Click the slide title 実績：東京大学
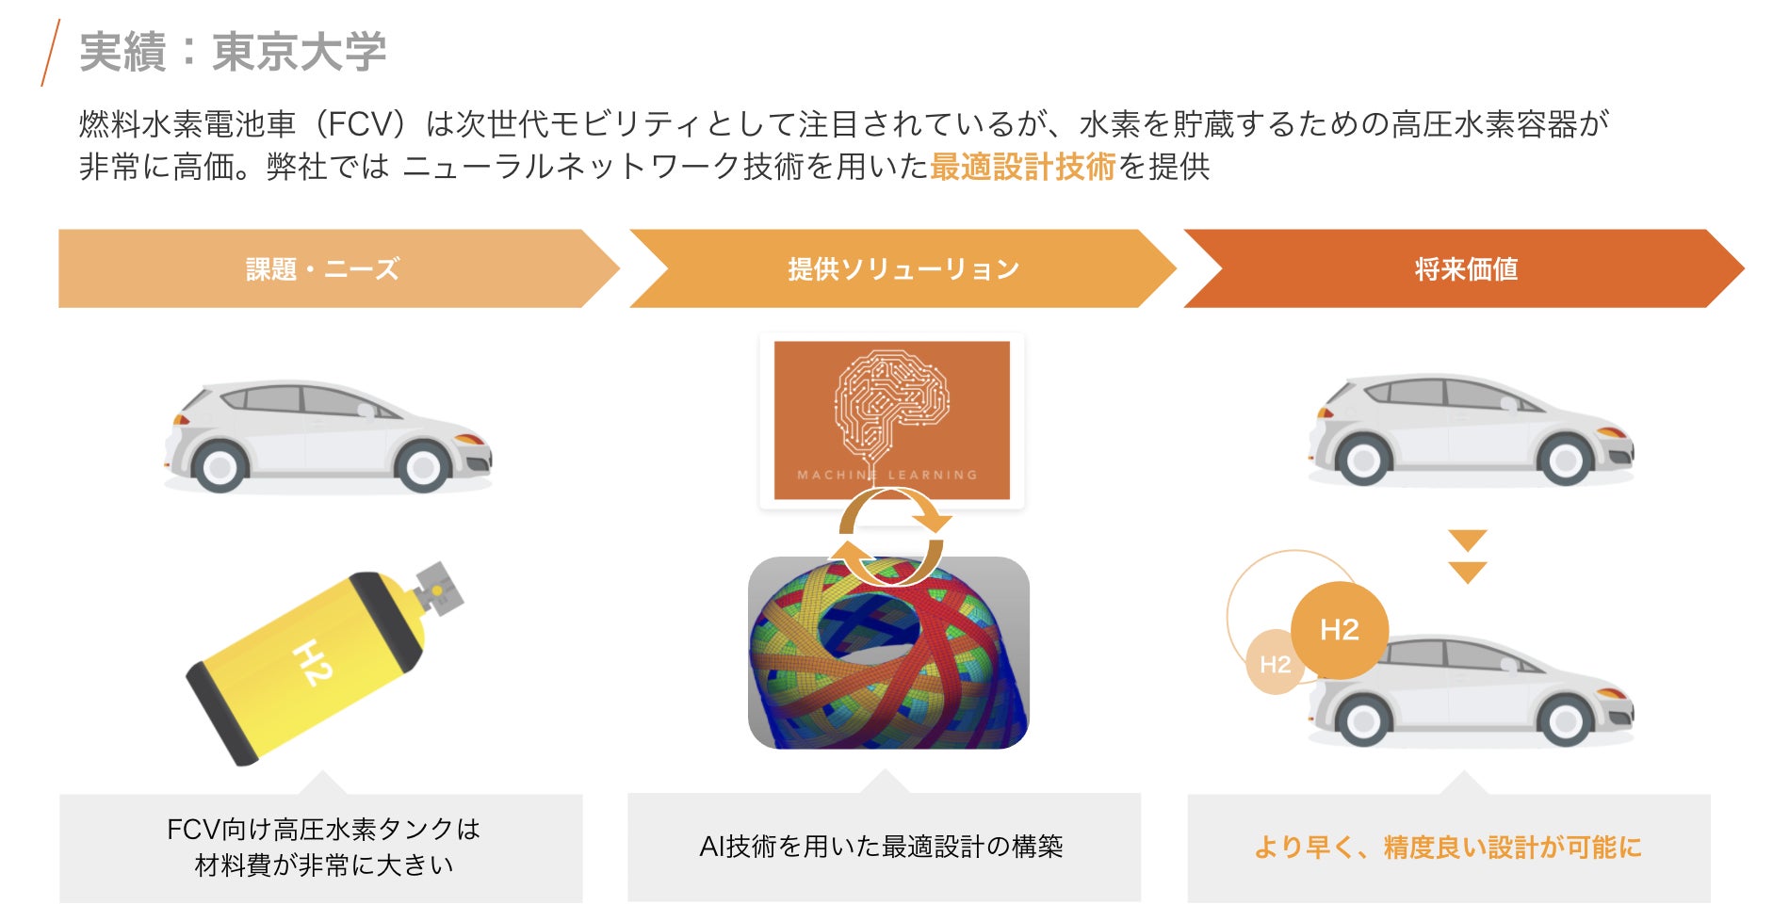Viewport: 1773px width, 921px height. pos(233,52)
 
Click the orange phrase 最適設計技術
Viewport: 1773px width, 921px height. pos(1022,167)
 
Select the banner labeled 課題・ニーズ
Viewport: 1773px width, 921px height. pos(322,269)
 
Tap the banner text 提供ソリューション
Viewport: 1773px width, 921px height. pos(903,269)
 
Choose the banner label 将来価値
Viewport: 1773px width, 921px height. pos(1466,269)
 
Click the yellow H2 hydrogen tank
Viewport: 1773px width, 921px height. pos(311,664)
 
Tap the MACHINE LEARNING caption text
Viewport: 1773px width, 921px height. pos(887,476)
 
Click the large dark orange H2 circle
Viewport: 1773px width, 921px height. pos(1339,630)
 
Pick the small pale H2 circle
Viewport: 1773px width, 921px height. pos(1275,664)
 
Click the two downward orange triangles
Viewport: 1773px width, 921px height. pos(1467,557)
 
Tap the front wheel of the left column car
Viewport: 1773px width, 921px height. pos(422,466)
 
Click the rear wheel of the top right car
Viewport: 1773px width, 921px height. pos(1363,460)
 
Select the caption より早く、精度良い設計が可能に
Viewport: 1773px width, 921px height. pos(1448,848)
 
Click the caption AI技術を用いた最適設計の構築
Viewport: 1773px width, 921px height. pos(882,847)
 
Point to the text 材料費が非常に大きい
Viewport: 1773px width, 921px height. pos(323,865)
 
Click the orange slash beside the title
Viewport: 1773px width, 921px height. pos(51,53)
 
